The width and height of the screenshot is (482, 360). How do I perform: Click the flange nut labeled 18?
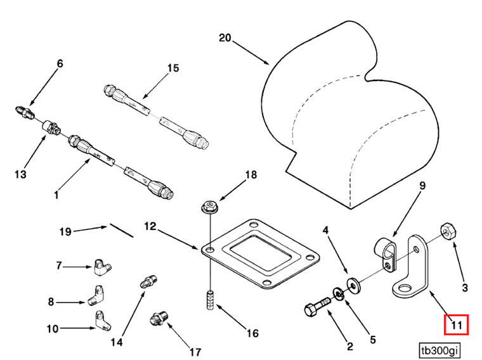point(209,206)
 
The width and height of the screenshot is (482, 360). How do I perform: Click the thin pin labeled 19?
point(121,229)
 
